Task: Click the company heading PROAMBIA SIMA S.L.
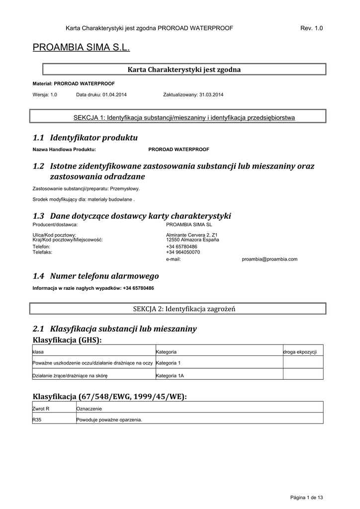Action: point(81,48)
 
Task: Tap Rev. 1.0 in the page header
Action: point(312,28)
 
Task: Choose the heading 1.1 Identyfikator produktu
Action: point(85,137)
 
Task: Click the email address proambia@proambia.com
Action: point(270,259)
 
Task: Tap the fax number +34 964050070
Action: point(183,252)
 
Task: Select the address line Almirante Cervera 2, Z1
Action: point(191,235)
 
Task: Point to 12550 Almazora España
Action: point(192,240)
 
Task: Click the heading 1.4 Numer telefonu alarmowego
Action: point(95,276)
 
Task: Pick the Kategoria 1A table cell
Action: point(170,376)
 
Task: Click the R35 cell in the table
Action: point(37,420)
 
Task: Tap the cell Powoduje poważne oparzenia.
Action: point(109,420)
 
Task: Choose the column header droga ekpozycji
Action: point(300,351)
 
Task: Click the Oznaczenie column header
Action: point(89,408)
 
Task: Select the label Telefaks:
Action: point(42,252)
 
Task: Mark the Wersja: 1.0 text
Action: point(45,94)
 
